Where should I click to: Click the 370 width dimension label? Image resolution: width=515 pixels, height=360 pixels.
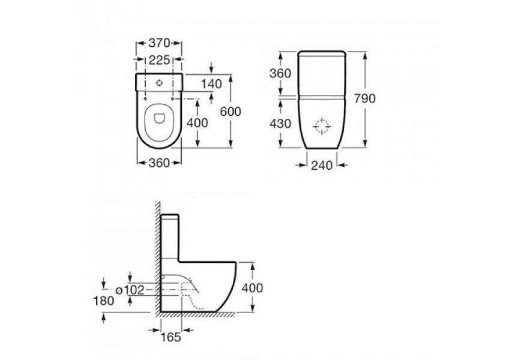point(159,43)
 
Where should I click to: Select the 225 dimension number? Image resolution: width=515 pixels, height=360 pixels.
point(159,60)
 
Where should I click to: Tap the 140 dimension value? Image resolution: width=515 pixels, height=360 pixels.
point(211,84)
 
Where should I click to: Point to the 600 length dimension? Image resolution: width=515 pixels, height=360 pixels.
point(230,112)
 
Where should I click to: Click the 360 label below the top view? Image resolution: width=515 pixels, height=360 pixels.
point(159,163)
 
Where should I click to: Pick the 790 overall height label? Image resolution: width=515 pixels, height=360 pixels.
point(364,98)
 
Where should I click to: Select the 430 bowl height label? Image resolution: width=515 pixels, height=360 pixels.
point(280,124)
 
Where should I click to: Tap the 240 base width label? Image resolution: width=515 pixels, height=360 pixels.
point(322,166)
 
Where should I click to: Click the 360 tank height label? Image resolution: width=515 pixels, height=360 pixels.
point(280,74)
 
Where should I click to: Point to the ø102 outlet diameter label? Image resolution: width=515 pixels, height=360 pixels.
point(130,290)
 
